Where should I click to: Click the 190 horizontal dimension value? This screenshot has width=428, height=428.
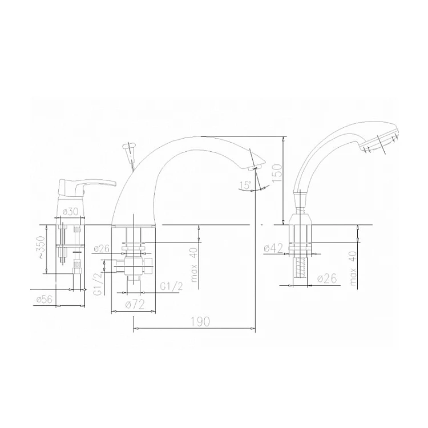(x=201, y=322)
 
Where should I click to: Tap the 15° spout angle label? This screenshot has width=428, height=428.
(x=245, y=185)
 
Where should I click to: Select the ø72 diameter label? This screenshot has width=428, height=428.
(x=135, y=305)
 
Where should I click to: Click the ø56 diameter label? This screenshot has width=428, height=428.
(x=44, y=300)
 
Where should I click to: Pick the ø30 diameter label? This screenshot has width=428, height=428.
(x=70, y=212)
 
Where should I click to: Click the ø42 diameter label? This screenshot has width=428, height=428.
(x=274, y=248)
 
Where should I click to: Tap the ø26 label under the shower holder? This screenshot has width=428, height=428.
(x=327, y=278)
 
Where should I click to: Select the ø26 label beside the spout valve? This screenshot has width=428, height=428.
(x=102, y=248)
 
